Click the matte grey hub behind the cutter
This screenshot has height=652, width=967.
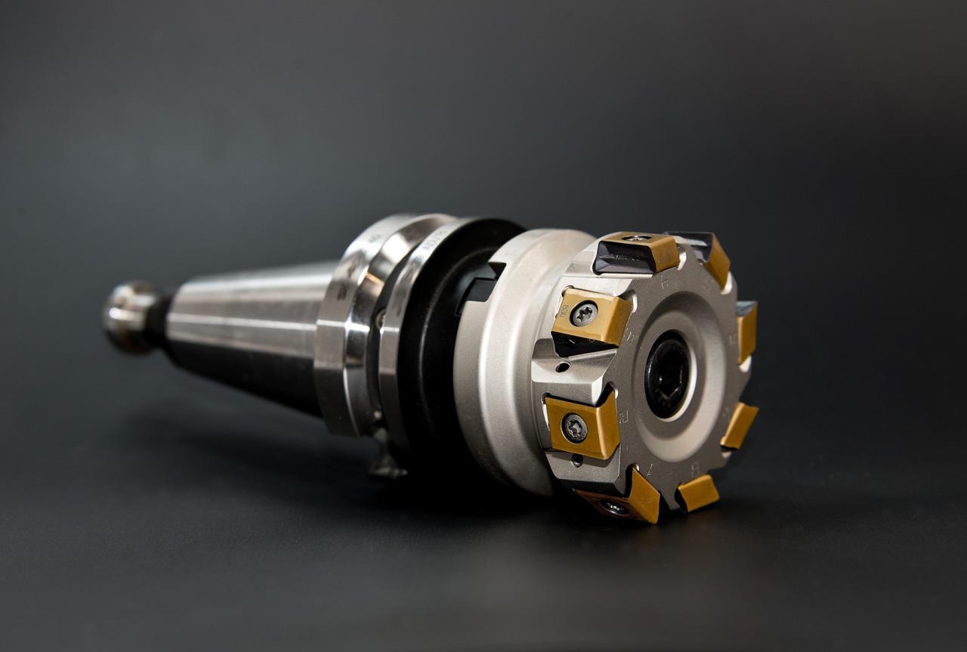[499, 363]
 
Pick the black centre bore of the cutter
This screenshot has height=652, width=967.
[667, 374]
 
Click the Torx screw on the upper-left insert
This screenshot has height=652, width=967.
[583, 314]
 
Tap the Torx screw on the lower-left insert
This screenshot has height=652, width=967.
[574, 428]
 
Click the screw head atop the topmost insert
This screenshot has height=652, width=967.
[635, 238]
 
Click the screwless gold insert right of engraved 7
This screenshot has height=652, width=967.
[697, 493]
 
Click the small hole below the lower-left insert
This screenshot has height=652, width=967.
[577, 459]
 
